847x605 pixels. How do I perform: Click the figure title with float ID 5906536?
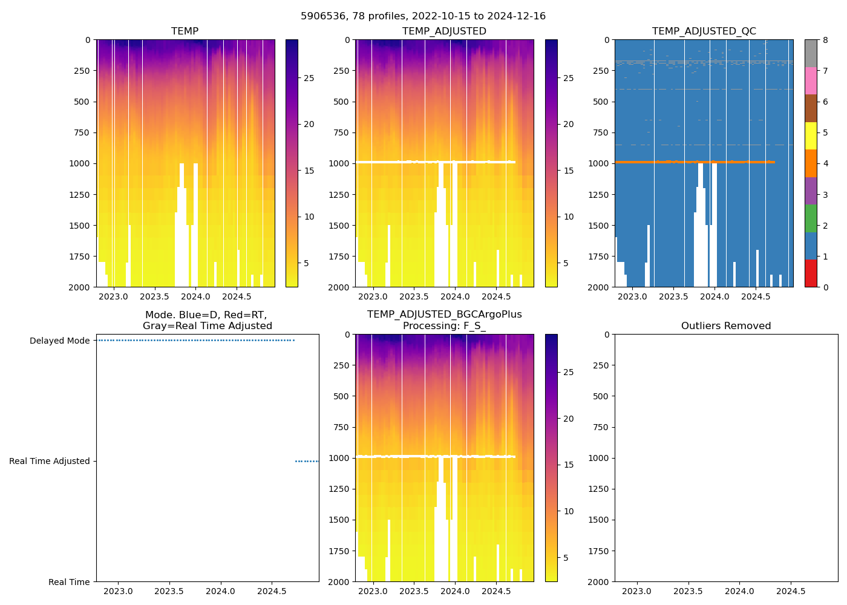pyautogui.click(x=423, y=16)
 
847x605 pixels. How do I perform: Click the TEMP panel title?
pyautogui.click(x=185, y=31)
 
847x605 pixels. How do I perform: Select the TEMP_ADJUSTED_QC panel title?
pyautogui.click(x=704, y=31)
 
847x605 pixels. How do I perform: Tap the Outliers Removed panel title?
pyautogui.click(x=725, y=326)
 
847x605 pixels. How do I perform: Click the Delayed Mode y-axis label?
pyautogui.click(x=59, y=341)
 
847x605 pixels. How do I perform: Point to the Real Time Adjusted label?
pyautogui.click(x=49, y=461)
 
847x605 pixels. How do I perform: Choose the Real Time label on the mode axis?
pyautogui.click(x=69, y=582)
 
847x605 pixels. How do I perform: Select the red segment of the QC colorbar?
pyautogui.click(x=811, y=273)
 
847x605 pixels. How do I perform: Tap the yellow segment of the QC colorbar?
pyautogui.click(x=811, y=136)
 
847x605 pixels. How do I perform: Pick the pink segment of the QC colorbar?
pyautogui.click(x=811, y=80)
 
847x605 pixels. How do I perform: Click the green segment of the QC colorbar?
pyautogui.click(x=811, y=218)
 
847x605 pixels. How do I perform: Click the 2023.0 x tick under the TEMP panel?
pyautogui.click(x=113, y=296)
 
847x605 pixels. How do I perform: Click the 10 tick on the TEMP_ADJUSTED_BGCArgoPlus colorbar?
pyautogui.click(x=569, y=511)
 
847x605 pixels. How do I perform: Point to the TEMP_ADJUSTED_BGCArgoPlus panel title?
pyautogui.click(x=444, y=320)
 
